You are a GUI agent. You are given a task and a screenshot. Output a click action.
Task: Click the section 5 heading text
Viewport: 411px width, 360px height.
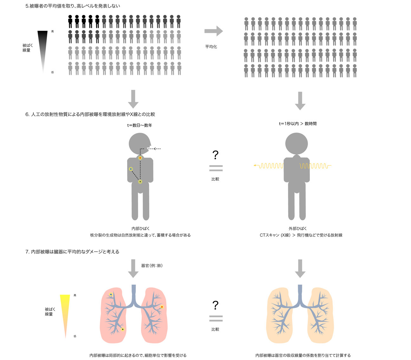(x=73, y=6)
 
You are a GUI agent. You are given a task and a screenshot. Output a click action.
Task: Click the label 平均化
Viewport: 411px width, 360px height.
(x=211, y=47)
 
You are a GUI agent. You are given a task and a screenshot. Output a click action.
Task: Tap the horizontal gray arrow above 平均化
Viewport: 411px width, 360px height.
(x=213, y=31)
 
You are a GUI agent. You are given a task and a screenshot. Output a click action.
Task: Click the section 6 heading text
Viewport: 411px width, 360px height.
(x=90, y=114)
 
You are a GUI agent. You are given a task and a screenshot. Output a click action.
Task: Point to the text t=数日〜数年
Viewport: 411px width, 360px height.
(x=140, y=125)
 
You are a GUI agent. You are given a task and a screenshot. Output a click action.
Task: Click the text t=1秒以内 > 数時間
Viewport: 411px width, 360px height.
(x=298, y=124)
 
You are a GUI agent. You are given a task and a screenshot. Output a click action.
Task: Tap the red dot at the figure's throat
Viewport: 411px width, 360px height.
(x=140, y=158)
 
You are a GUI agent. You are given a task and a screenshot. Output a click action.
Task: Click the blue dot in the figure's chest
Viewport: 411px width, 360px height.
(x=131, y=169)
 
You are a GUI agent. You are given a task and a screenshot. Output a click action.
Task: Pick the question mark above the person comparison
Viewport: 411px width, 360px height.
(x=215, y=155)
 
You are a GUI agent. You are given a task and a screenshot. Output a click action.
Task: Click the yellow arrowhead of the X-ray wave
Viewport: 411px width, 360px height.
(x=255, y=165)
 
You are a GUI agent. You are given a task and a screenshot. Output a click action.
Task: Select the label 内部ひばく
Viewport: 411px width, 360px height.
(x=140, y=229)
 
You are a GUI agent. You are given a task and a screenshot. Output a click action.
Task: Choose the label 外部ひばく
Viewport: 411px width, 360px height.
(x=298, y=229)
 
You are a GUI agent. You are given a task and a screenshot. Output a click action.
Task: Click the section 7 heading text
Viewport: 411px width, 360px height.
(x=72, y=252)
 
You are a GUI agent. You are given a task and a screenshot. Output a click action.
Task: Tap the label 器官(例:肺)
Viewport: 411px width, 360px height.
(x=152, y=266)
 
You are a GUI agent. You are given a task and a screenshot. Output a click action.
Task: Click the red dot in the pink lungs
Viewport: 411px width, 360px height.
(x=162, y=307)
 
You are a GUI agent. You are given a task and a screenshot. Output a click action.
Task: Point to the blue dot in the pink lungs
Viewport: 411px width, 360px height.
(x=111, y=294)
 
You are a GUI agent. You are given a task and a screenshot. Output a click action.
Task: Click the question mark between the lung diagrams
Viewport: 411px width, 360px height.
(x=215, y=305)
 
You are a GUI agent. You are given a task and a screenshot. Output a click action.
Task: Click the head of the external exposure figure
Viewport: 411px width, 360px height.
(x=297, y=143)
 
